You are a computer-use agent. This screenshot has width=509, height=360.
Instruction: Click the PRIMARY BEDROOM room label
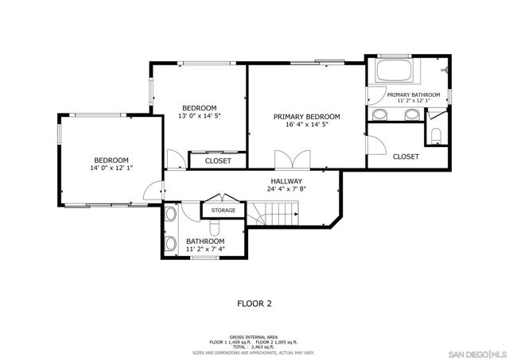pyautogui.click(x=307, y=117)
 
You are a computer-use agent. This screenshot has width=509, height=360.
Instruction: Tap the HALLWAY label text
pyautogui.click(x=286, y=181)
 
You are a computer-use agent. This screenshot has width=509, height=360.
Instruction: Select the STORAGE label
pyautogui.click(x=223, y=210)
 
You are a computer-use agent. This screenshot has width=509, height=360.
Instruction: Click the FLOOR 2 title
pyautogui.click(x=254, y=304)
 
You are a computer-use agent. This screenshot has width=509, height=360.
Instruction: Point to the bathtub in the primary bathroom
pyautogui.click(x=394, y=71)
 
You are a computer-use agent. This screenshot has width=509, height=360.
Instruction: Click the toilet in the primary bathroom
pyautogui.click(x=436, y=135)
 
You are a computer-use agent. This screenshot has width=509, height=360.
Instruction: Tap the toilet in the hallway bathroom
pyautogui.click(x=214, y=227)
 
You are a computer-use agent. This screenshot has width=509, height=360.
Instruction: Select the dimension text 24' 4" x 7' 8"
pyautogui.click(x=286, y=189)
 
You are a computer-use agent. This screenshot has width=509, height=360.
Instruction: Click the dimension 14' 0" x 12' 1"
pyautogui.click(x=111, y=168)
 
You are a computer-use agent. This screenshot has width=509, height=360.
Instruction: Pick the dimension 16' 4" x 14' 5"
pyautogui.click(x=307, y=125)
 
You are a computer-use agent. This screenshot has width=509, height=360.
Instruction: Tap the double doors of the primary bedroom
pyautogui.click(x=293, y=160)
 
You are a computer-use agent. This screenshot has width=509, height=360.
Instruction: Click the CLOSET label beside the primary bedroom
pyautogui.click(x=406, y=157)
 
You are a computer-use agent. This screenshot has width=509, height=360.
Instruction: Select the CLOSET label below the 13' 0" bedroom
pyautogui.click(x=218, y=161)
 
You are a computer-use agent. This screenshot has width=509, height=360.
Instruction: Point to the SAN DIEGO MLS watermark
pyautogui.click(x=478, y=354)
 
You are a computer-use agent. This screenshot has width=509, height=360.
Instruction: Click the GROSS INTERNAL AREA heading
pyautogui.click(x=254, y=337)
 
